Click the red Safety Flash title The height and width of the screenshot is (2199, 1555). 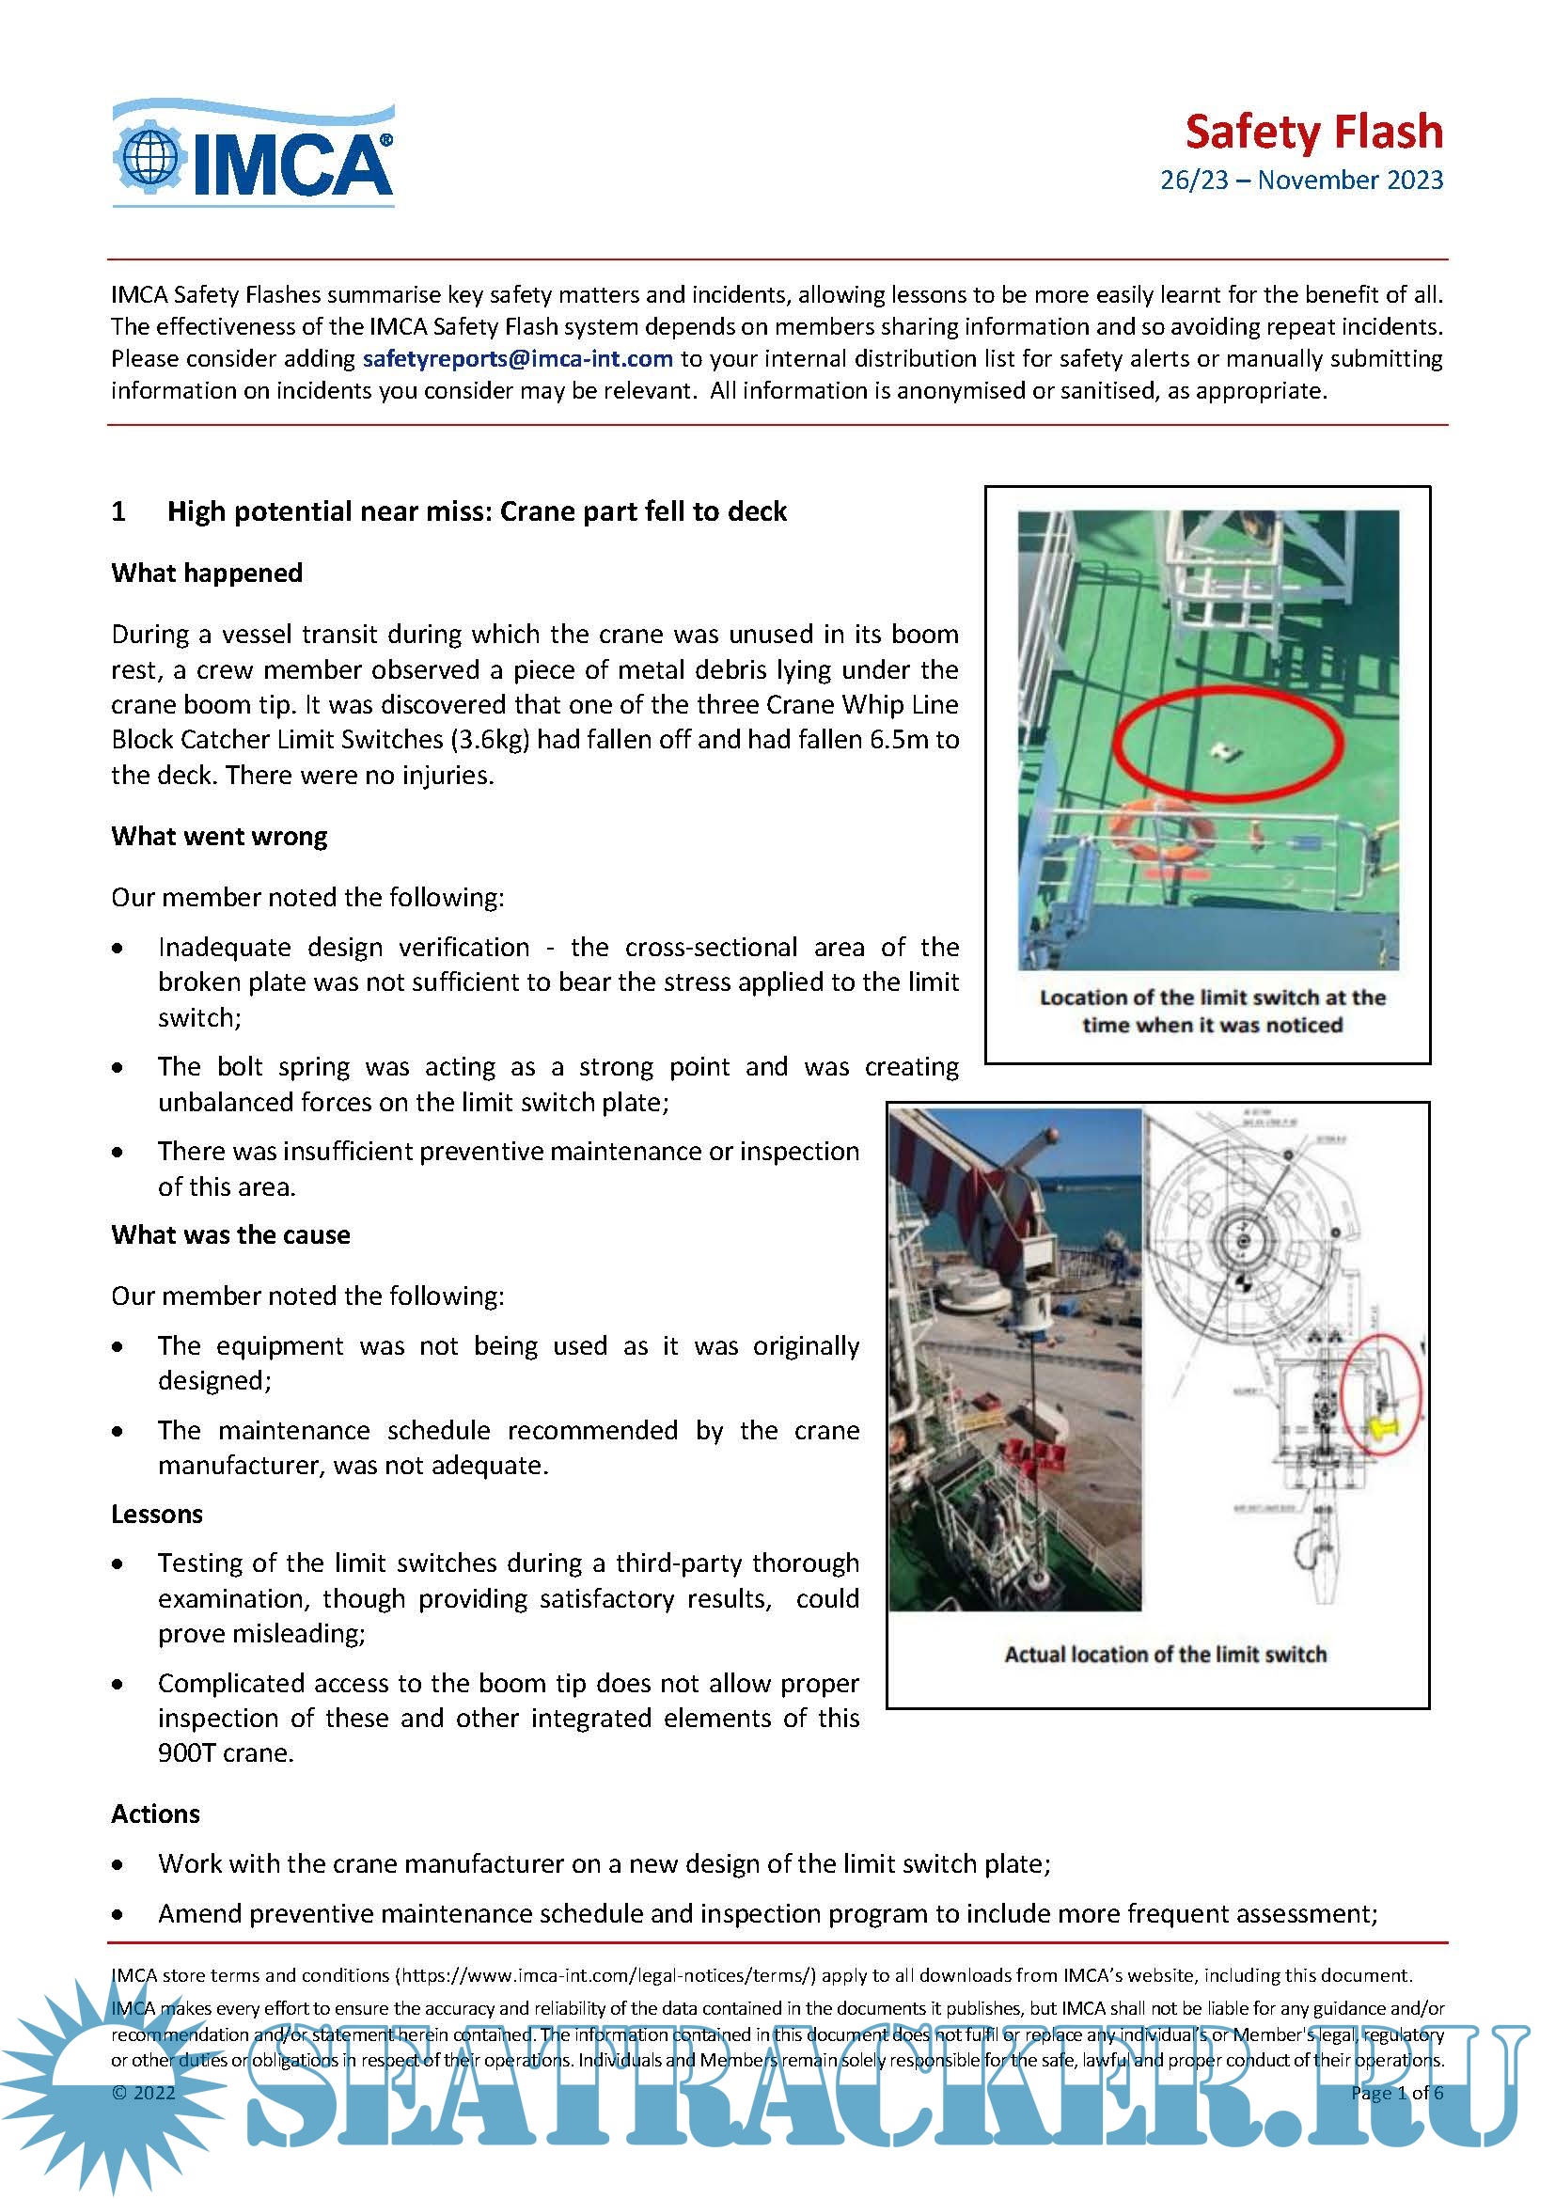pyautogui.click(x=1312, y=133)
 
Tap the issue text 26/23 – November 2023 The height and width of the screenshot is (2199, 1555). pyautogui.click(x=1300, y=181)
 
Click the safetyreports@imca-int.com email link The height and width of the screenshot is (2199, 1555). pyautogui.click(x=517, y=359)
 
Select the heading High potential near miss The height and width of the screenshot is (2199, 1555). pyautogui.click(x=476, y=511)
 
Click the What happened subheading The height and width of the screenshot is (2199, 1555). pyautogui.click(x=207, y=573)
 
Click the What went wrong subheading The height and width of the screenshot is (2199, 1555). pyautogui.click(x=219, y=836)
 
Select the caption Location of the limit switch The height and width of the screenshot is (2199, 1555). pyautogui.click(x=1212, y=1011)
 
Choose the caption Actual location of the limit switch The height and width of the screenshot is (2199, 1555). pyautogui.click(x=1165, y=1654)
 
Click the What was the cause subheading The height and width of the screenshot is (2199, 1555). pyautogui.click(x=230, y=1234)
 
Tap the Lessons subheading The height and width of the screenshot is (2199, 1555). pyautogui.click(x=157, y=1515)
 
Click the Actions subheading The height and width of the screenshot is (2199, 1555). pyautogui.click(x=155, y=1814)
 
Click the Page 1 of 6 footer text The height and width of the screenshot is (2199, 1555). pyautogui.click(x=1396, y=2092)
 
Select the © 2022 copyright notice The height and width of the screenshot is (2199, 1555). pyautogui.click(x=144, y=2092)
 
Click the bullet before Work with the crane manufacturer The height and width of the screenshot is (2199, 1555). pyautogui.click(x=118, y=1863)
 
